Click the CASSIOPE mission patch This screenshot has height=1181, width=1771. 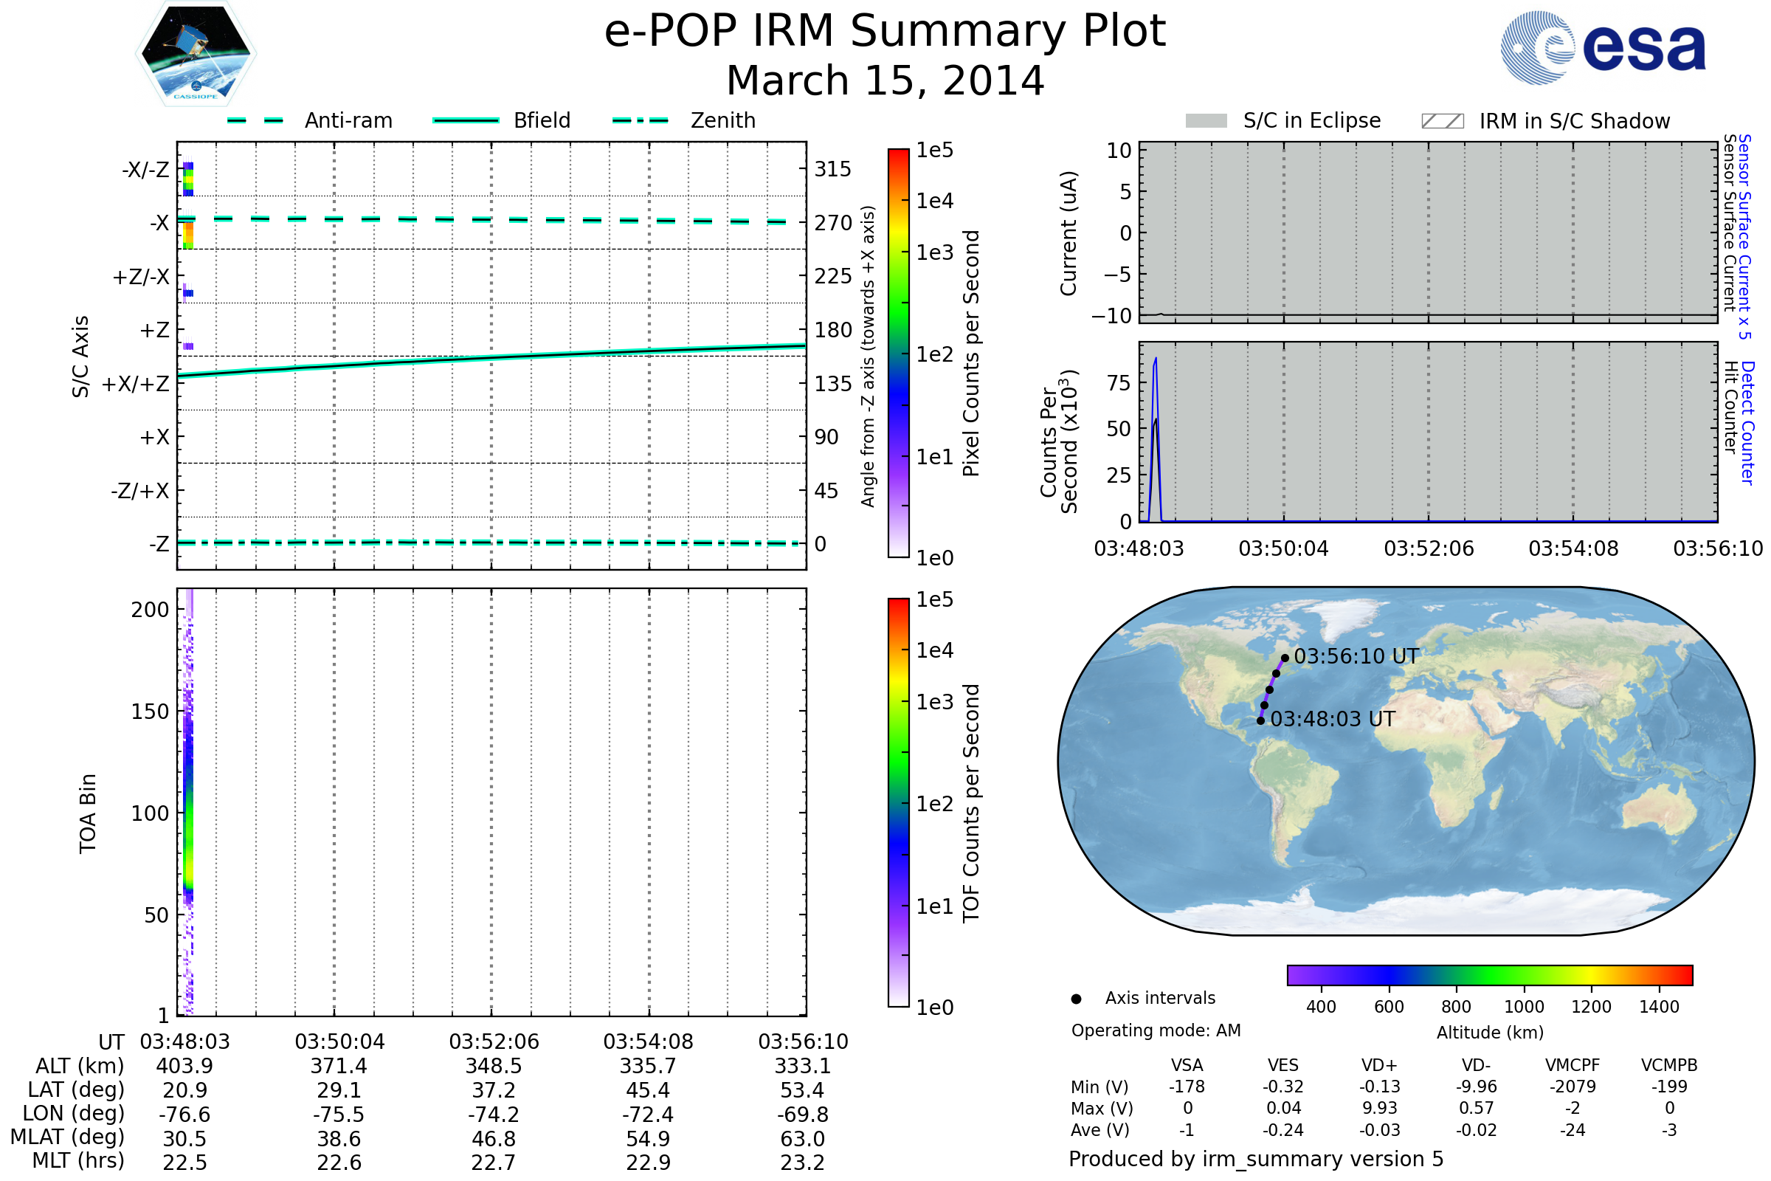196,53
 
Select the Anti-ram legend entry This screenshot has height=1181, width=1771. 348,120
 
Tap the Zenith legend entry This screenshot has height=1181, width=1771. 722,120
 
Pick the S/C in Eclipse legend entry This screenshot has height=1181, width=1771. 1311,120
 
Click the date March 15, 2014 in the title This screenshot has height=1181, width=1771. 885,80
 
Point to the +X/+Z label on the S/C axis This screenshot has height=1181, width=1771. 136,384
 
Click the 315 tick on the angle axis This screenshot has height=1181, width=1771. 832,169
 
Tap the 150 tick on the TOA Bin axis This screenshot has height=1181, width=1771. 150,711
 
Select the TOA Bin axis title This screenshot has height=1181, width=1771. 87,813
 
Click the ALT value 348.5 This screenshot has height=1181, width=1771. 493,1066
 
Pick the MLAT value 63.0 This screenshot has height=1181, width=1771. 802,1138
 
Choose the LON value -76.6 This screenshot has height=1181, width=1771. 184,1114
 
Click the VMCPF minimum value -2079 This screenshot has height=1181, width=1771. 1573,1086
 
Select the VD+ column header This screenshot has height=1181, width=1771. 1378,1065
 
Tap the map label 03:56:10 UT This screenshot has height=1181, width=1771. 1356,656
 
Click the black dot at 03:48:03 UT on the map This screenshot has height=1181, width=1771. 1260,721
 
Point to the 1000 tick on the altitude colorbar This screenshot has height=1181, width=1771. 1523,1006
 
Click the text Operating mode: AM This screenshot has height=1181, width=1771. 1156,1030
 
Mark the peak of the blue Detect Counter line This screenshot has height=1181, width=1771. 1156,359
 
